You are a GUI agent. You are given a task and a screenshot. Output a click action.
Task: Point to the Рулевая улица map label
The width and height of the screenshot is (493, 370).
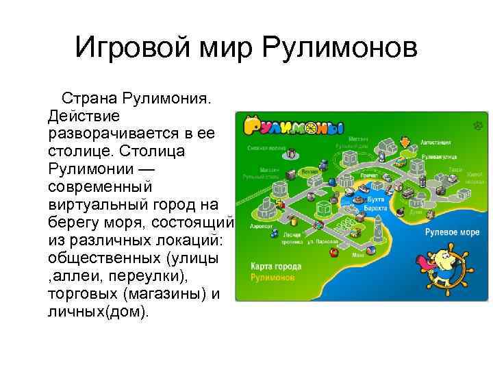[436, 157]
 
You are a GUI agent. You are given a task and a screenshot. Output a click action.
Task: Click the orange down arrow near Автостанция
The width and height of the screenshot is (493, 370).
[405, 143]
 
